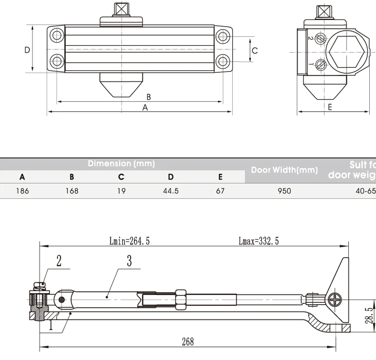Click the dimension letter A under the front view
(x=145, y=107)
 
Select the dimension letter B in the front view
(x=149, y=97)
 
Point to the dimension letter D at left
(x=27, y=50)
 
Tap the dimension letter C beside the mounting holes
(x=255, y=50)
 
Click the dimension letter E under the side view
(x=330, y=107)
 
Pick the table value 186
(x=22, y=191)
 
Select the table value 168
(x=71, y=191)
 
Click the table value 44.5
(x=171, y=191)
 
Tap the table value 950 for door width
(x=284, y=191)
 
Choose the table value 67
(x=220, y=191)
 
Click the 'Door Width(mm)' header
(x=284, y=170)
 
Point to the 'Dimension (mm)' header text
(x=121, y=163)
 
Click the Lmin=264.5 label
(x=130, y=241)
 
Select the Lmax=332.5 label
(x=259, y=241)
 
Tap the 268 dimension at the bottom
(x=188, y=342)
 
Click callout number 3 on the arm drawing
(x=129, y=261)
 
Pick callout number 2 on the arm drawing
(x=58, y=261)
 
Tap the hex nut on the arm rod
(x=181, y=299)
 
